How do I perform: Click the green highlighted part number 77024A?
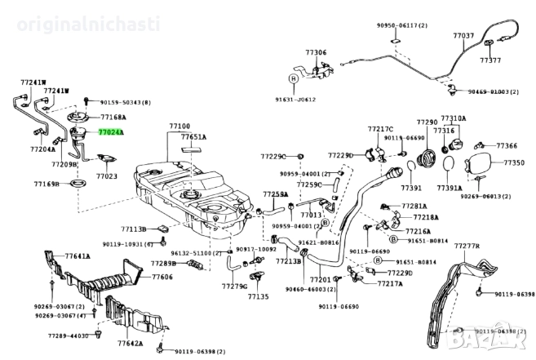[111, 131]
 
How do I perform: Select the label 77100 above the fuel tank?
[179, 126]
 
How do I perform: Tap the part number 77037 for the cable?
[463, 36]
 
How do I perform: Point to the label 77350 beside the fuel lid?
[513, 163]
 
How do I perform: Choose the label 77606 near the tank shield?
[162, 277]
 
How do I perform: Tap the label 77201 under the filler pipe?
[320, 279]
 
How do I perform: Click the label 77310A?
[453, 118]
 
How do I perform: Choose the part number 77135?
[257, 297]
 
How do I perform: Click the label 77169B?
[47, 184]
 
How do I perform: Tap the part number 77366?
[507, 145]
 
